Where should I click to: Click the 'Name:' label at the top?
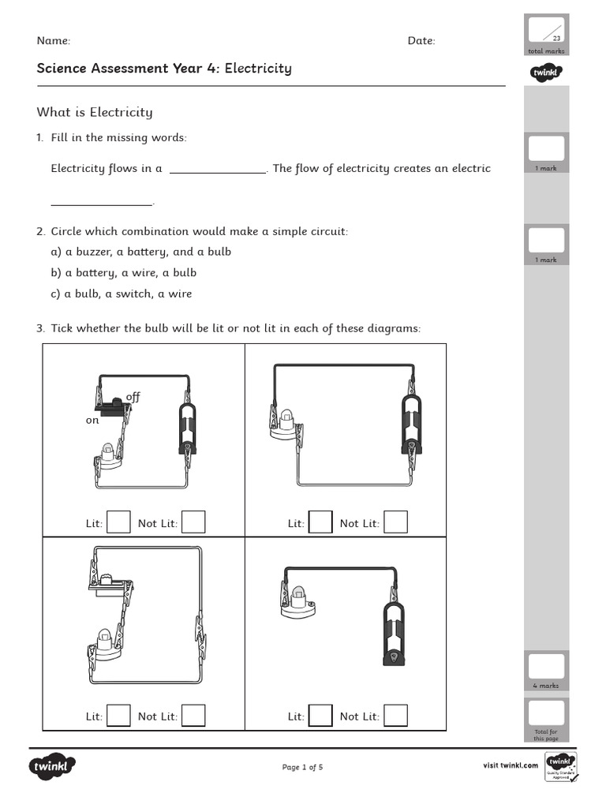[x=54, y=41]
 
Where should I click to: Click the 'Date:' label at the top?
[x=421, y=41]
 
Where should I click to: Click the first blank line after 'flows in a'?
[x=218, y=169]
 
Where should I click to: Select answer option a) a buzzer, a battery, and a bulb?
[x=140, y=252]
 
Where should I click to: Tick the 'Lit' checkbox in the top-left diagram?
[x=118, y=522]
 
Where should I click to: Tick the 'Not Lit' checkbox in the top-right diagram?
[x=395, y=522]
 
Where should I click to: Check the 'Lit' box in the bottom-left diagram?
[x=118, y=716]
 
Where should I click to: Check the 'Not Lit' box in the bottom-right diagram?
[x=395, y=716]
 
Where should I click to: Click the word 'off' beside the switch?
[x=133, y=397]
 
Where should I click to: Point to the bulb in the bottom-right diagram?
[x=298, y=599]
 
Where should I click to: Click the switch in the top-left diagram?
[x=113, y=406]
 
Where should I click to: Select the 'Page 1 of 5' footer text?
[x=302, y=767]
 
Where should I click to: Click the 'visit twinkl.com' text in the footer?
[x=511, y=765]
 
